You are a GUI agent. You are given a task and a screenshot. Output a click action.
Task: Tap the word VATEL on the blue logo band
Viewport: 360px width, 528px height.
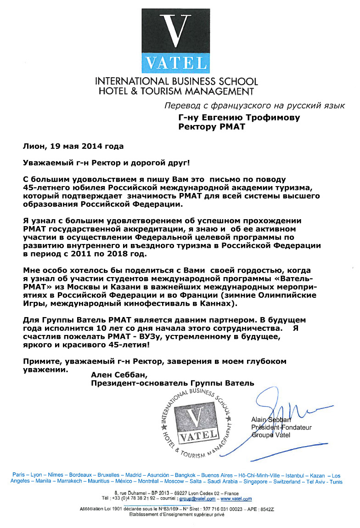[x=174, y=62]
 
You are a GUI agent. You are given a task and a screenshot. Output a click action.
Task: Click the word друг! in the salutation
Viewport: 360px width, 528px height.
[x=176, y=163]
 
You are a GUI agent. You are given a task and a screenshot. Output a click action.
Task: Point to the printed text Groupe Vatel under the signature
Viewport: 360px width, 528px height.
[x=271, y=435]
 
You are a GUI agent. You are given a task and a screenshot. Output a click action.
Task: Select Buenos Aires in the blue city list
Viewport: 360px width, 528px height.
[x=217, y=475]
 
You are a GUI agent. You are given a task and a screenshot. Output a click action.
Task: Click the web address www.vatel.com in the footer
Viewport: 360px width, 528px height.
[x=236, y=499]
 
